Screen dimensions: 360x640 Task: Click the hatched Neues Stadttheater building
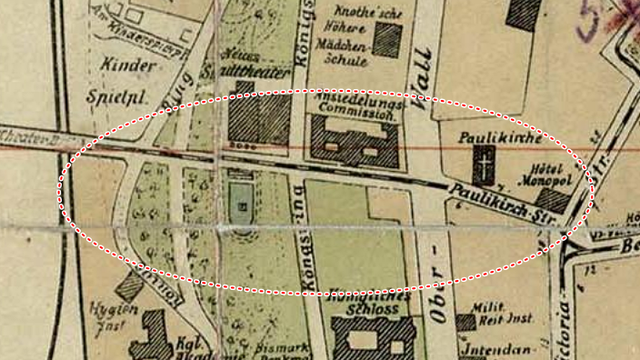point(259,118)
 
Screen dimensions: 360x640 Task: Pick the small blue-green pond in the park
point(240,202)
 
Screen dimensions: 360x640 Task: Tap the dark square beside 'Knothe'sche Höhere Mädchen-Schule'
point(386,41)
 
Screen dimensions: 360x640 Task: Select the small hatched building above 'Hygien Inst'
point(130,286)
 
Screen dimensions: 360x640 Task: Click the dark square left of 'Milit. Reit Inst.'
point(466,322)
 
